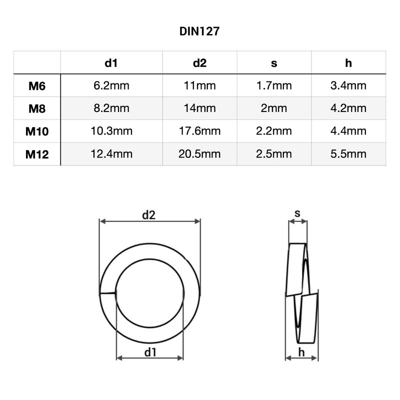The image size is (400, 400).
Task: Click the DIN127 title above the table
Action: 199,31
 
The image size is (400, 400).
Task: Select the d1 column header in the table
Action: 111,62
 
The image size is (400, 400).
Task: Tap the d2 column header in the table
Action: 199,62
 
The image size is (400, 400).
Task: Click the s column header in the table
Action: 274,62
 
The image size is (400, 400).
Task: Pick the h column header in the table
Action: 348,62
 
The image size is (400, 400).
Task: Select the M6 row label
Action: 37,86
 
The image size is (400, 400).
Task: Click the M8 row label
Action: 37,108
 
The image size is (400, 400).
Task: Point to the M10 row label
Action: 37,131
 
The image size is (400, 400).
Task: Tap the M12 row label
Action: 37,154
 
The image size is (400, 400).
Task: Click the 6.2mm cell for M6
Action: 111,85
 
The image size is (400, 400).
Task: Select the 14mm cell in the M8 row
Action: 199,108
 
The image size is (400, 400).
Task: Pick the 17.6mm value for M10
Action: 199,131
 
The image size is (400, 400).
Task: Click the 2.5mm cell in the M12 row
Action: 274,153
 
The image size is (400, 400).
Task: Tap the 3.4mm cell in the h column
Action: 348,85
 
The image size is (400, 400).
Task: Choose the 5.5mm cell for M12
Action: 348,153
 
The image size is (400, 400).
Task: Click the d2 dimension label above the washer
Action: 149,215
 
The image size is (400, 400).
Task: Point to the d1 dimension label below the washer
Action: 150,352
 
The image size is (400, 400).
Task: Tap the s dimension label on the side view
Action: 297,213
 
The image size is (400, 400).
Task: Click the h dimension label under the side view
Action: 301,352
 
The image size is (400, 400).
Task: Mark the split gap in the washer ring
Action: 107,293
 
